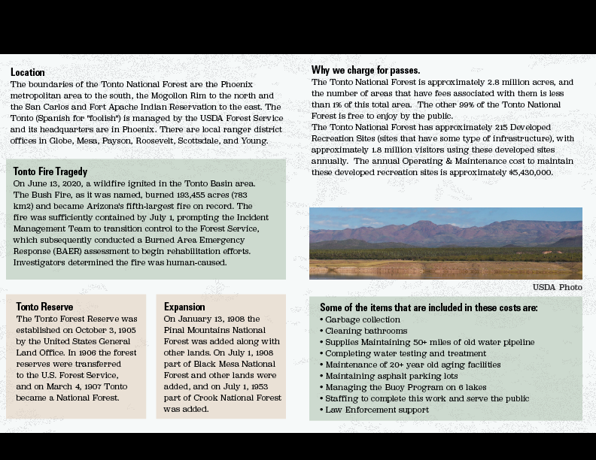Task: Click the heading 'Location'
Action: click(x=28, y=73)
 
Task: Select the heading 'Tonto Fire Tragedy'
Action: click(x=50, y=171)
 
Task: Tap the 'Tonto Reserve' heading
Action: click(x=44, y=307)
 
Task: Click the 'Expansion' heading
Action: click(x=184, y=307)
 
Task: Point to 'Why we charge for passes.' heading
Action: click(x=366, y=70)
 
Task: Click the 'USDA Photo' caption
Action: click(x=557, y=287)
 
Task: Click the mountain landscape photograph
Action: click(x=445, y=243)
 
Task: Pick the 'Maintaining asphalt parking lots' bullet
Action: click(x=391, y=376)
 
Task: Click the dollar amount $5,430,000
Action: click(x=531, y=172)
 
